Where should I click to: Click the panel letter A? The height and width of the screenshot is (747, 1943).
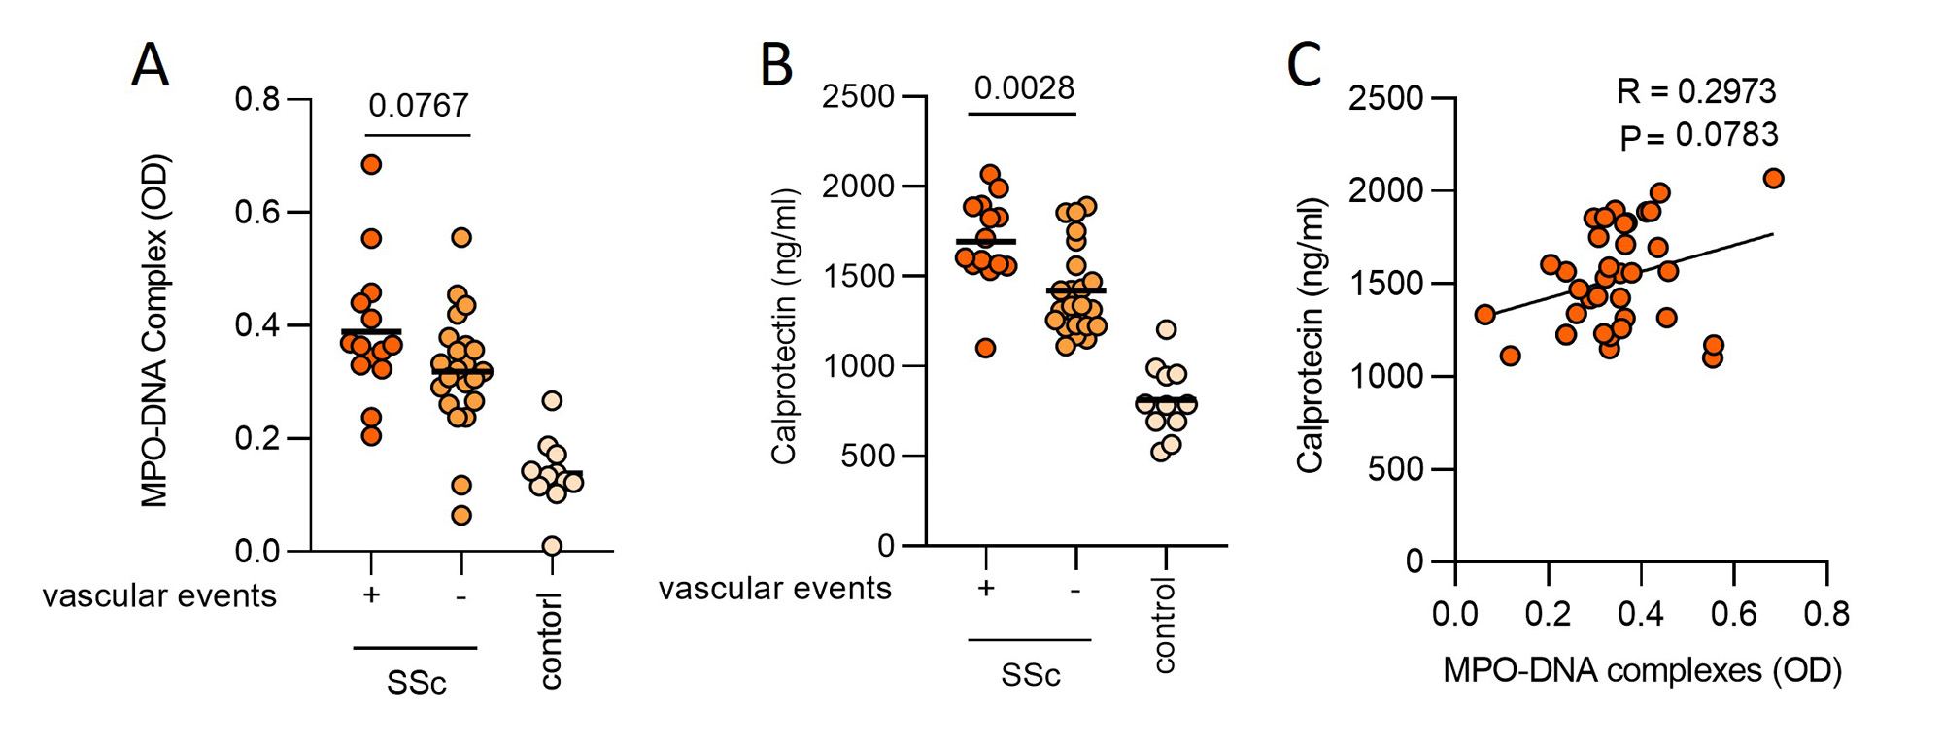(151, 65)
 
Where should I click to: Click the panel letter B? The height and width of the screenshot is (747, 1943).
(776, 65)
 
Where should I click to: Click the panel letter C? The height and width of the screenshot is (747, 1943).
(1304, 65)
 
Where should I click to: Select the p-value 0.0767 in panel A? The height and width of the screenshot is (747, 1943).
(419, 105)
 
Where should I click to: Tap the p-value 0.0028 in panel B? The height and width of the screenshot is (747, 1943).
(1024, 88)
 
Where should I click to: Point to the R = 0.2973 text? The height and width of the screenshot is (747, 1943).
(1696, 91)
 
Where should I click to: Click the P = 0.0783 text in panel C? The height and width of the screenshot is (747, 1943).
(1698, 135)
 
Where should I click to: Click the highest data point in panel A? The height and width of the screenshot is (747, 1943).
(371, 164)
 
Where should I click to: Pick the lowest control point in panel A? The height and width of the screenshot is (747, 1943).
(552, 545)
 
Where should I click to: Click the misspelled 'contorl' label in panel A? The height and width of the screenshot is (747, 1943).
(551, 641)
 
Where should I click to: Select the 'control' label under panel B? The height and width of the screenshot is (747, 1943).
(1164, 625)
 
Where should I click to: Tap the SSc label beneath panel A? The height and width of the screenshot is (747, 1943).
(416, 683)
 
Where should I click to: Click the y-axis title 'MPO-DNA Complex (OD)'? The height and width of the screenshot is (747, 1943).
(154, 330)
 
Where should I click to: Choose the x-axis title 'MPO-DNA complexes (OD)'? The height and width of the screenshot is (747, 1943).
(1642, 670)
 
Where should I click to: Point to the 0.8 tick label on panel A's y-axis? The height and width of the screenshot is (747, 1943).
(256, 99)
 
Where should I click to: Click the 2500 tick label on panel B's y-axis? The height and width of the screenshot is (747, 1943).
(858, 96)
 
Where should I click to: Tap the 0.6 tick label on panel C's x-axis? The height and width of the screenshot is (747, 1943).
(1733, 613)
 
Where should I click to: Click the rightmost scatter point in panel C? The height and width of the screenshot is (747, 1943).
(1773, 178)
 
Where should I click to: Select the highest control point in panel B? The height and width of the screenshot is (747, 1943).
(1167, 329)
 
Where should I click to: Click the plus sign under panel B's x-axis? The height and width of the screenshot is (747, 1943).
(986, 588)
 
